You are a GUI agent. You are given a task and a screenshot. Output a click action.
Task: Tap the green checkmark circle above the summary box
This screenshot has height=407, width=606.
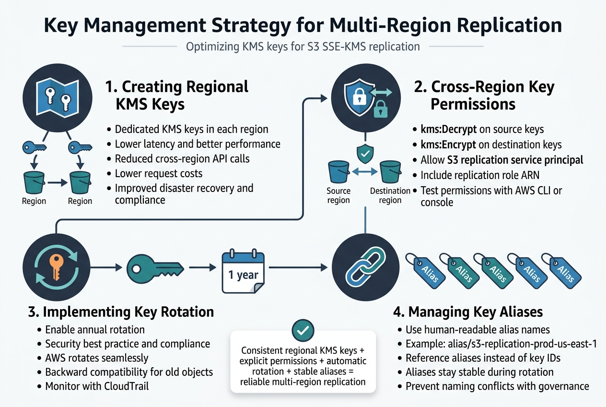tap(303, 330)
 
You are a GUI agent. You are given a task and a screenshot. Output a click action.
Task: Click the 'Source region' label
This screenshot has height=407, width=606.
tap(338, 196)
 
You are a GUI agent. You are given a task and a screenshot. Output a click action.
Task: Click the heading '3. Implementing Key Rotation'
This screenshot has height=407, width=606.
tap(122, 311)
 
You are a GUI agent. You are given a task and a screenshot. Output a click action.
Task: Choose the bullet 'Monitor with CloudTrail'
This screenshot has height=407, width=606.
tap(97, 386)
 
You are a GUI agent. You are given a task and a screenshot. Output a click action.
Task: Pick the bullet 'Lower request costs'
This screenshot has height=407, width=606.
tap(159, 173)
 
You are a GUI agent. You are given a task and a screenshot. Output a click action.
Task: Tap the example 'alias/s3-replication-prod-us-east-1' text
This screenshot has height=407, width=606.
tap(501, 344)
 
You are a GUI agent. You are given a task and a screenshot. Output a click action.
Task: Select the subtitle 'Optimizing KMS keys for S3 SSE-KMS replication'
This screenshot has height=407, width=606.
tap(303, 47)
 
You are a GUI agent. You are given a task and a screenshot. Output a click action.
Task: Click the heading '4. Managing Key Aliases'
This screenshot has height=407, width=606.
tap(468, 312)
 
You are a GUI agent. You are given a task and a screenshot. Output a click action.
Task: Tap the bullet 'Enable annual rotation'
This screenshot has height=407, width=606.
tap(95, 330)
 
